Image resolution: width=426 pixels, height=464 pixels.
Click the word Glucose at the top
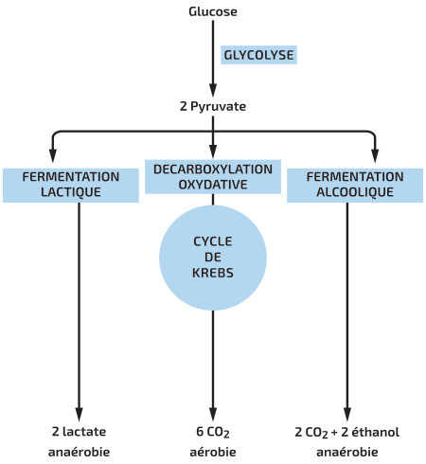point(213,11)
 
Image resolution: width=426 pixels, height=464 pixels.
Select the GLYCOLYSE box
point(258,55)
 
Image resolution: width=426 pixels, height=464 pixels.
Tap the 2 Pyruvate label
point(213,106)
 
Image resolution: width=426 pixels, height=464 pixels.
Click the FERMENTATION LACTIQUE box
point(71,185)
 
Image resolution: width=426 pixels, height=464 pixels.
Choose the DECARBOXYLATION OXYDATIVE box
point(213,177)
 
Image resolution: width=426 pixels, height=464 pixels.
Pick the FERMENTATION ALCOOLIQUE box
point(355,185)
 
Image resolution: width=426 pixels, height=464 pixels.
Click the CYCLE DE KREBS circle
point(213,258)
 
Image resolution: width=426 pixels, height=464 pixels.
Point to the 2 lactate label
point(79,432)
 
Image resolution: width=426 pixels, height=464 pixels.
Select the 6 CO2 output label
point(213,432)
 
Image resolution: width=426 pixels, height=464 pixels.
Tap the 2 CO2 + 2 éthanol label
point(347,432)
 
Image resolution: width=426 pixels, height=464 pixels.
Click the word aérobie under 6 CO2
point(213,452)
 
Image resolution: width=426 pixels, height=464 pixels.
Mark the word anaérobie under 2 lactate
point(79,452)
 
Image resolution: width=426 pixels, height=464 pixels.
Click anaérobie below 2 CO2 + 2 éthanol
point(347,452)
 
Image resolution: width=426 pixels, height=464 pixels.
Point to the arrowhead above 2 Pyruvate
point(213,90)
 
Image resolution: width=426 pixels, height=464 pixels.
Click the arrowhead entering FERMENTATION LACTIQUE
point(53,155)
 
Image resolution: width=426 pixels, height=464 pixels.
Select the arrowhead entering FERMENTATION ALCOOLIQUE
point(375,155)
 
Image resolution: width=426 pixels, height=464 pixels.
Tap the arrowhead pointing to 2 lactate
point(79,414)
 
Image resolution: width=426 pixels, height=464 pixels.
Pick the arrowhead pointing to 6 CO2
point(213,414)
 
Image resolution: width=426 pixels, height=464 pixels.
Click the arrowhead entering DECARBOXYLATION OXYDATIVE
point(213,152)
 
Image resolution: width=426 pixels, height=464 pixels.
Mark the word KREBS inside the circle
point(213,273)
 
